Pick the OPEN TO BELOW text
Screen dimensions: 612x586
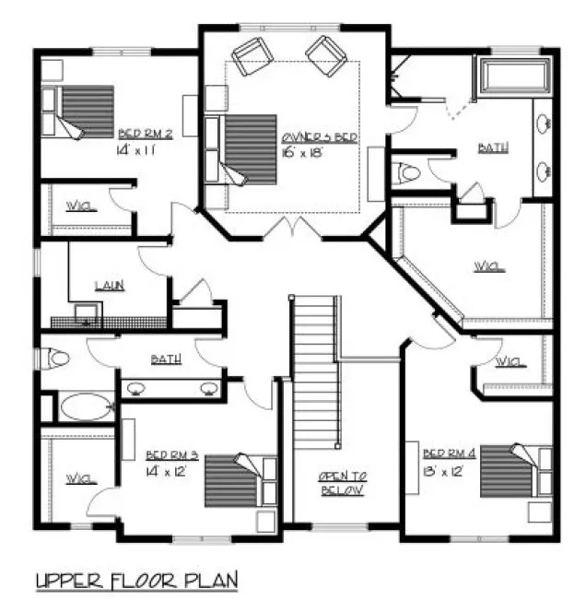click(343, 482)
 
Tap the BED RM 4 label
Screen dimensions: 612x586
click(450, 453)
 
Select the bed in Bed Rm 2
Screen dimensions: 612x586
click(83, 112)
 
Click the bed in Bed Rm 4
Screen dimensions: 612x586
click(512, 470)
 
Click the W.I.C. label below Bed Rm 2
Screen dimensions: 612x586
click(76, 205)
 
